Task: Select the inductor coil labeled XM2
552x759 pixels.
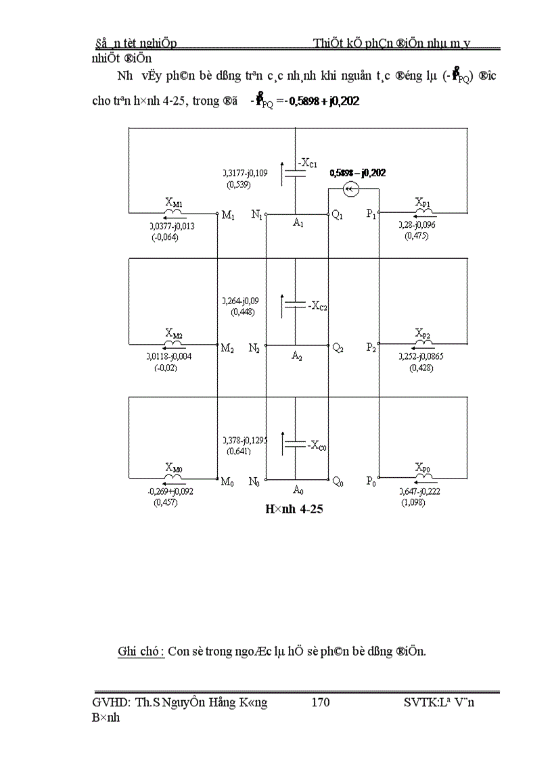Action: [x=174, y=343]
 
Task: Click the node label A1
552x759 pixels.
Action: [x=298, y=224]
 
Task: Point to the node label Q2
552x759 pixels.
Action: [x=338, y=348]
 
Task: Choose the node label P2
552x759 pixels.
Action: [x=371, y=348]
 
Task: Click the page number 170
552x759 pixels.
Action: [x=320, y=703]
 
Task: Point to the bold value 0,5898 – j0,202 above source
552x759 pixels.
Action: [x=358, y=173]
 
